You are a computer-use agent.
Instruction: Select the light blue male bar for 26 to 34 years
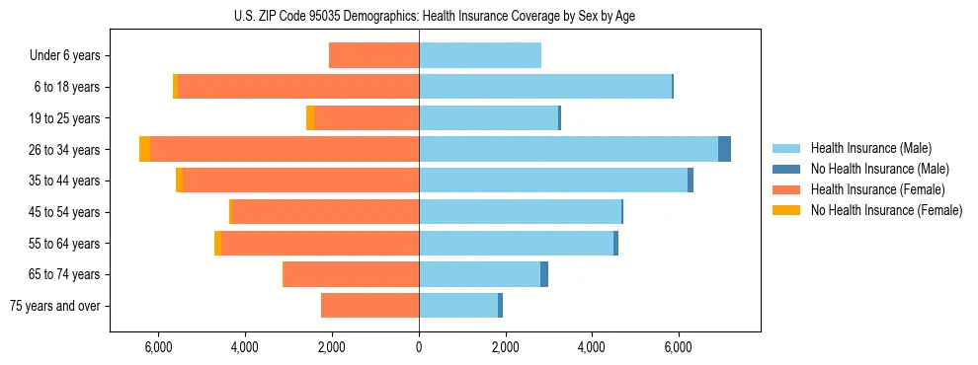point(568,149)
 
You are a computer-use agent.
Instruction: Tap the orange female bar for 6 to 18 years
point(298,87)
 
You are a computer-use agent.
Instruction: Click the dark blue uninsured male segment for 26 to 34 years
point(724,149)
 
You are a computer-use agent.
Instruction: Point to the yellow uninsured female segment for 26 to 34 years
point(145,149)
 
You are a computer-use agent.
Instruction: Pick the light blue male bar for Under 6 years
point(480,55)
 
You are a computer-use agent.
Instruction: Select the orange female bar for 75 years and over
point(370,306)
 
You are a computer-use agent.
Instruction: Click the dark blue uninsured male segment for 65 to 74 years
point(544,274)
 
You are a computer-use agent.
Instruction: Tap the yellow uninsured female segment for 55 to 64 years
point(217,243)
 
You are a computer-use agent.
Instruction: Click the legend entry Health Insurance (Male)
point(870,148)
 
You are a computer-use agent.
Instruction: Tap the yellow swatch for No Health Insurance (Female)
point(787,210)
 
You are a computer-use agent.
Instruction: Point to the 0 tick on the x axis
point(419,347)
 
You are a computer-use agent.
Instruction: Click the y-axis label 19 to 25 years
point(65,118)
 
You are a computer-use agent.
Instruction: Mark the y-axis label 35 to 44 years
point(65,181)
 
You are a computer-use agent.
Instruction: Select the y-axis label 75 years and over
point(55,306)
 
